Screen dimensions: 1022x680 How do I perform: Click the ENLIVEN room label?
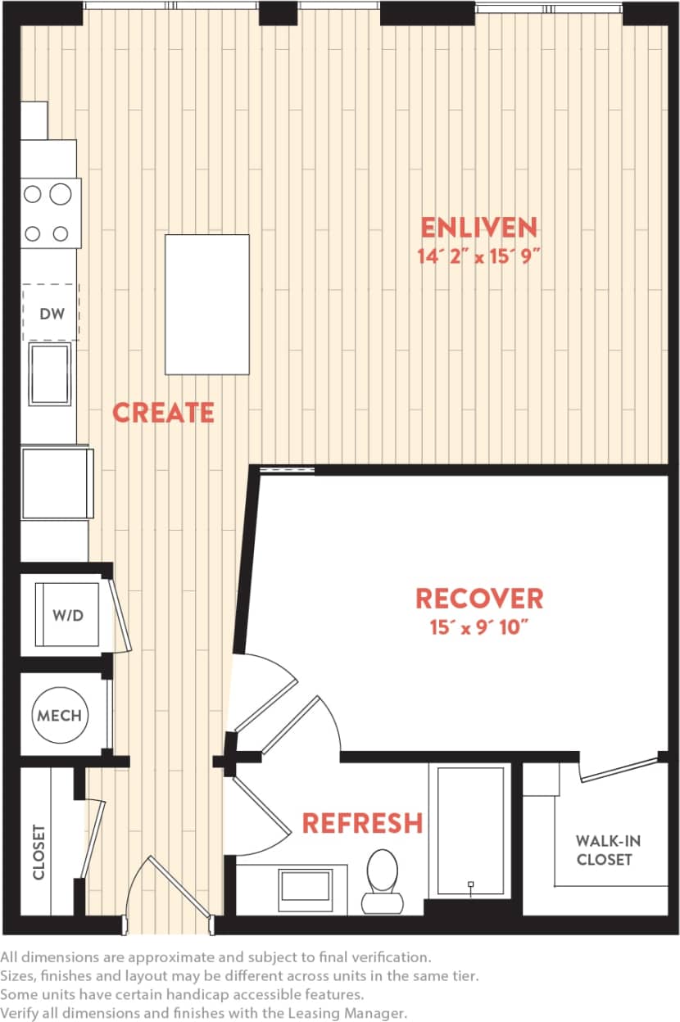point(478,226)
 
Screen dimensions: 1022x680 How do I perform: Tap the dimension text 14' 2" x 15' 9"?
point(478,255)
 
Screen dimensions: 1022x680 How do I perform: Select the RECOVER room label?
point(478,598)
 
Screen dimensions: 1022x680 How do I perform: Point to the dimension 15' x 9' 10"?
point(478,627)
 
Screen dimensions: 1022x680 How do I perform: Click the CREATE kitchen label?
point(163,412)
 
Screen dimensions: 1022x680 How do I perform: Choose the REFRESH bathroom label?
point(362,822)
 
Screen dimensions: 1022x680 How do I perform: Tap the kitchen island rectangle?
point(207,305)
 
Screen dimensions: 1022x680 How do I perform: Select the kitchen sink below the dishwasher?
point(50,373)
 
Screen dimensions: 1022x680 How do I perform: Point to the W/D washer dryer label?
point(68,615)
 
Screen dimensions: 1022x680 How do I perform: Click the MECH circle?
point(60,715)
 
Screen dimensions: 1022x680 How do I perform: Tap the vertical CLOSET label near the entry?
point(39,852)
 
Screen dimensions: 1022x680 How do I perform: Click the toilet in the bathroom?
point(382,880)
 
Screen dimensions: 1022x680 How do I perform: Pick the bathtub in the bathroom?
point(470,830)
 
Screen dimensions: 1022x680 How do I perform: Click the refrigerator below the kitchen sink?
point(56,483)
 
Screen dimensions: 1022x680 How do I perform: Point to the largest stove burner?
point(60,194)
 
